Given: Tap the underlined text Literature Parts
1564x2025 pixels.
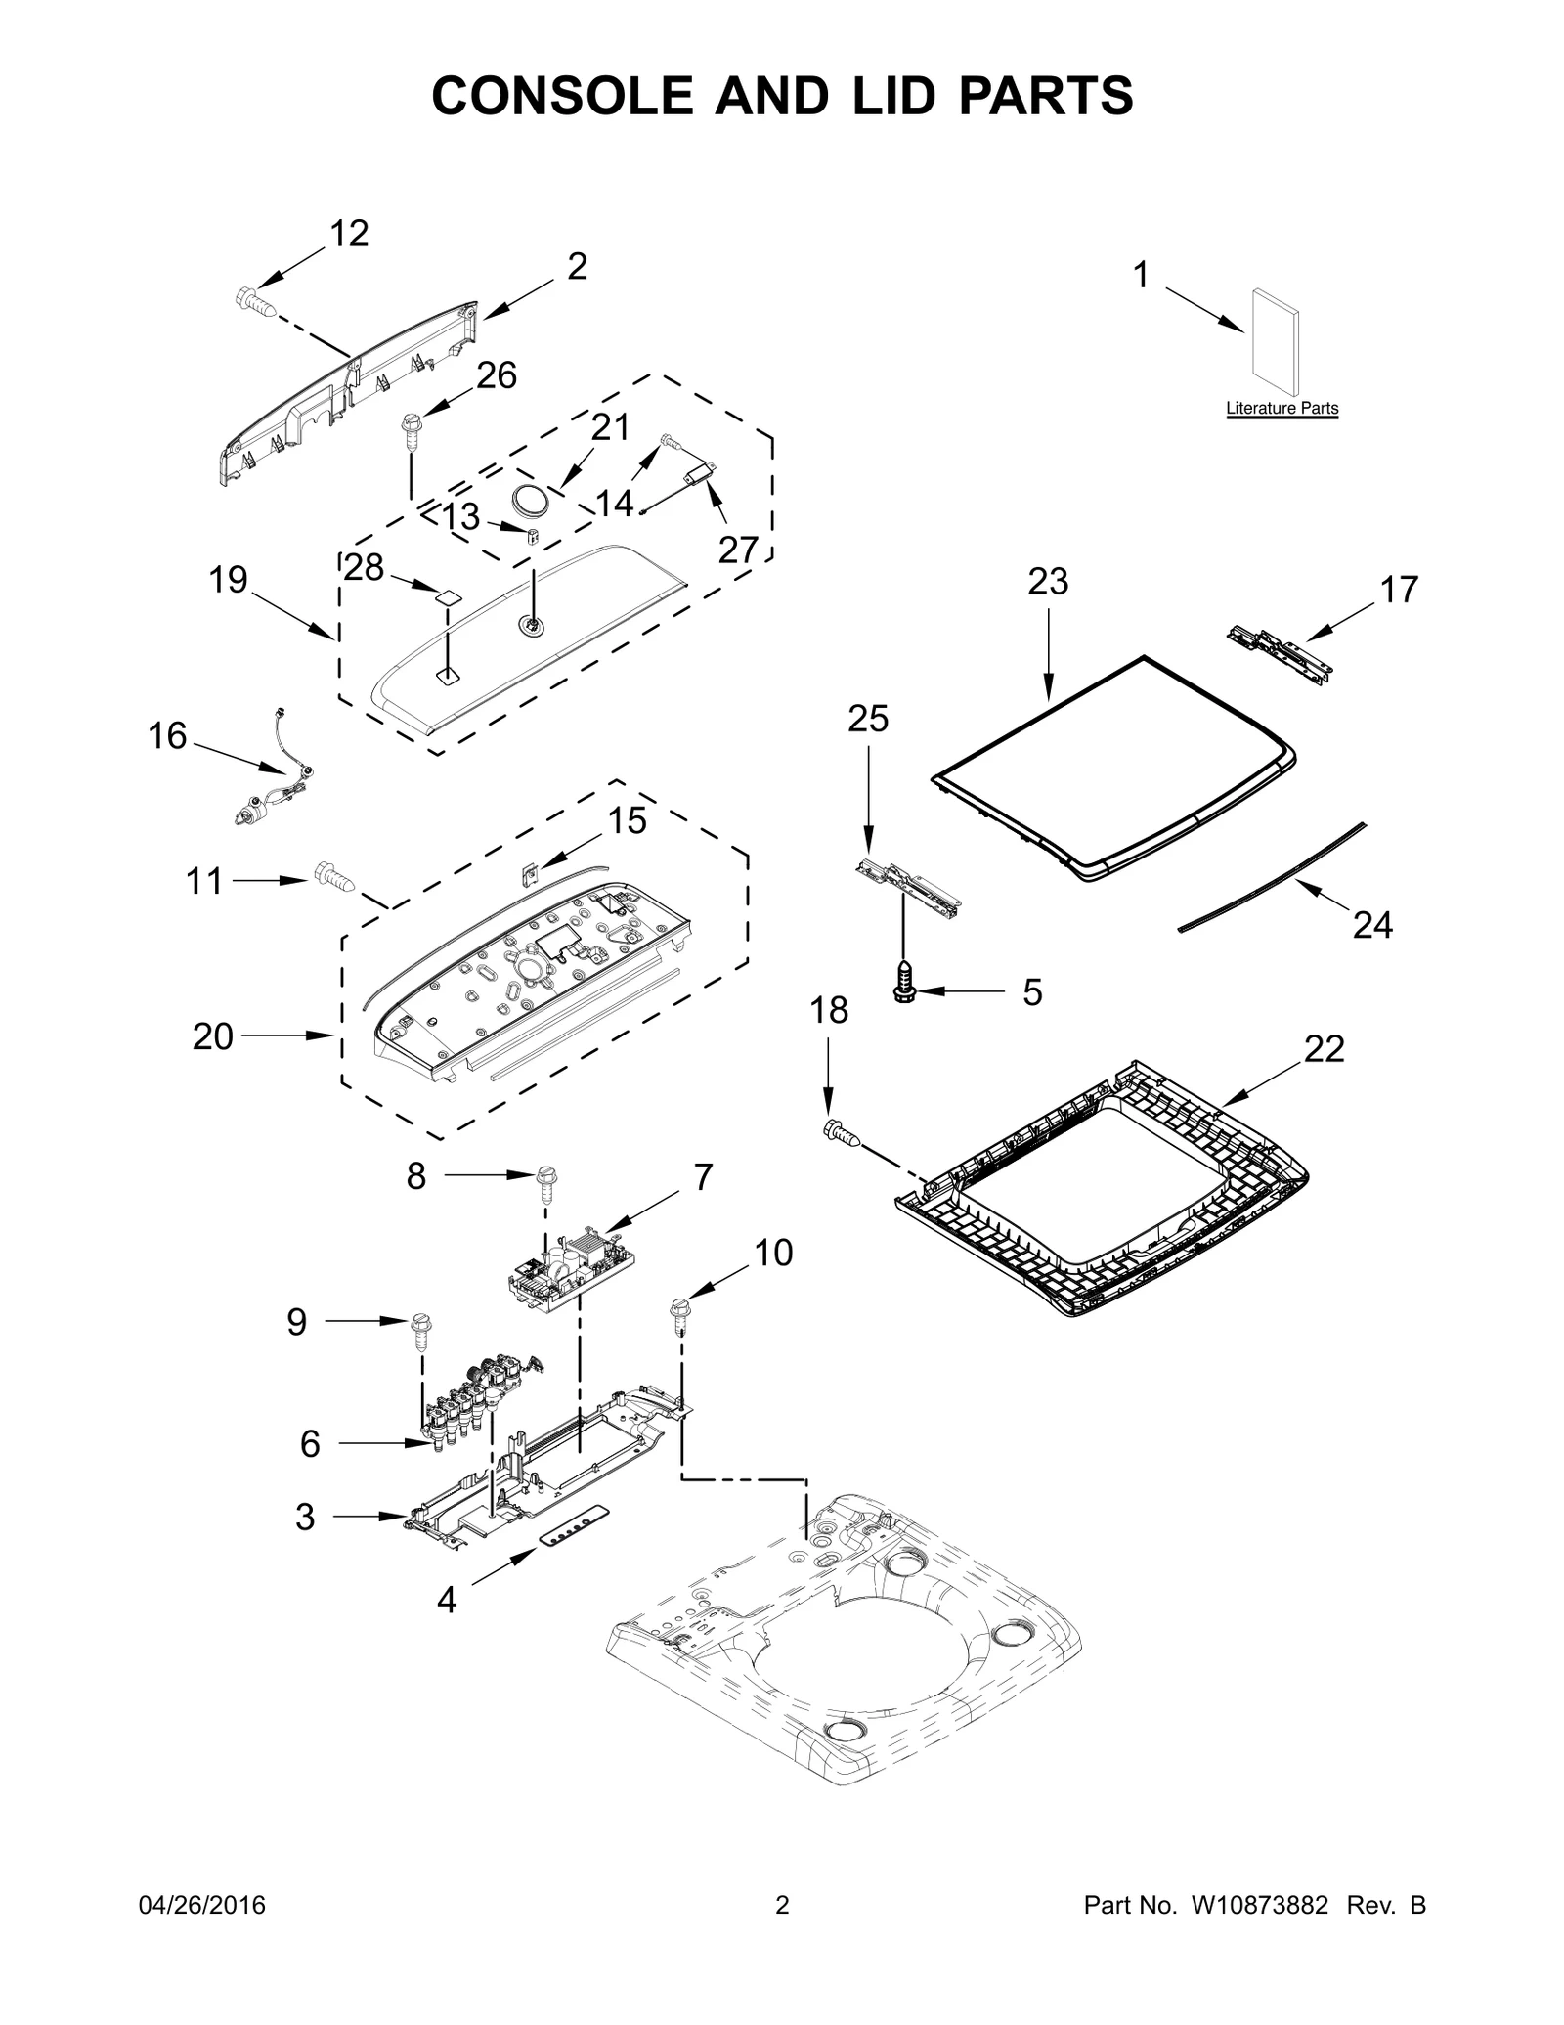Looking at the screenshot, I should [x=1282, y=409].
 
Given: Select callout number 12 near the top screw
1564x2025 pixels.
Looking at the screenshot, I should [x=349, y=234].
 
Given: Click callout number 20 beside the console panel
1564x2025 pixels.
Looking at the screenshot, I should [x=213, y=1036].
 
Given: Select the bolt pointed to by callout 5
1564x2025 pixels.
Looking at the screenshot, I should [x=904, y=982].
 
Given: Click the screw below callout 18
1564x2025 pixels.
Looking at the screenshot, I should [x=843, y=1134].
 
